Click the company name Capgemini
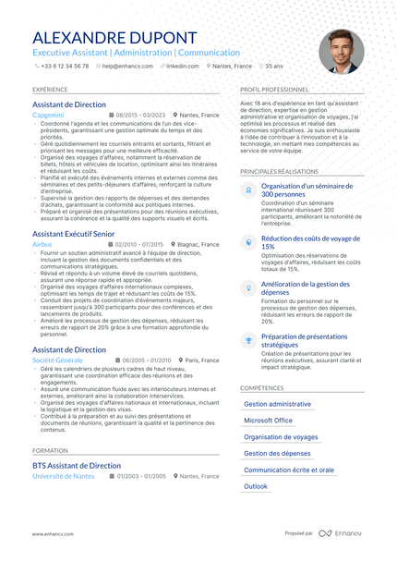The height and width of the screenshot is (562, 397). coord(47,116)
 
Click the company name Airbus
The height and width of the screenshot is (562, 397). coord(42,245)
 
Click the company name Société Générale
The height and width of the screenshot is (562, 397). coord(56,360)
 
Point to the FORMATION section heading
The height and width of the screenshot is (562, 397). coord(49,450)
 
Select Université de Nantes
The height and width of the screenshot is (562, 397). coord(64,476)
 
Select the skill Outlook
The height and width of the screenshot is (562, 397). coord(256,485)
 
